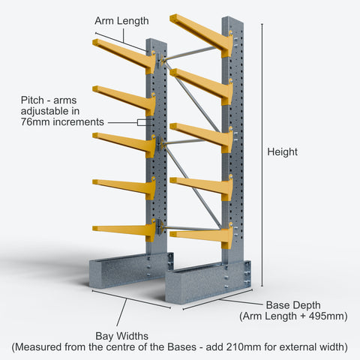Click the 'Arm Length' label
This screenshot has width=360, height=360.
click(121, 21)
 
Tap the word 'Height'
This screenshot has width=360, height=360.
click(282, 152)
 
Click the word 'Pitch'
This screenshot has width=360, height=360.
click(32, 100)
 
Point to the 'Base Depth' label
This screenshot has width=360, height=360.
click(293, 305)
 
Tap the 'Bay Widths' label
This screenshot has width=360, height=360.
click(122, 336)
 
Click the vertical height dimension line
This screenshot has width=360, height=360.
click(262, 155)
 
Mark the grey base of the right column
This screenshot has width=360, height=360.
click(208, 283)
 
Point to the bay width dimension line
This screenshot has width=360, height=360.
click(131, 299)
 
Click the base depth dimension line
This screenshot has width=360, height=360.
click(217, 300)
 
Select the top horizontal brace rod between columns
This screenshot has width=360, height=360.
click(190, 53)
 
